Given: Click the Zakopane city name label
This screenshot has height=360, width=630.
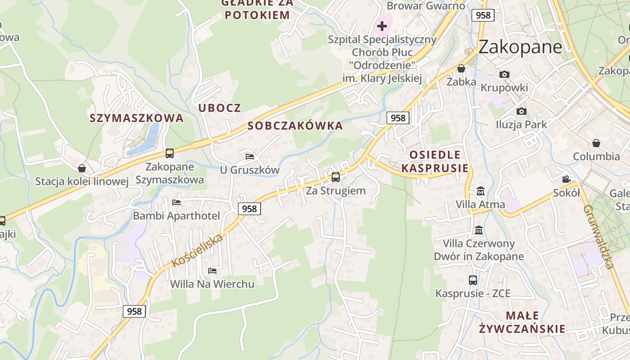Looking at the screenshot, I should pyautogui.click(x=520, y=47).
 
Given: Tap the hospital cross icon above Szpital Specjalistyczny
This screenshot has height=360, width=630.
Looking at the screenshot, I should pyautogui.click(x=382, y=26).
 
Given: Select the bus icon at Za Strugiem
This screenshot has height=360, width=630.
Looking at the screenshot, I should pyautogui.click(x=336, y=177).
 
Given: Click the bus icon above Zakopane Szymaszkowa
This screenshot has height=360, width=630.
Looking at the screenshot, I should pyautogui.click(x=170, y=153).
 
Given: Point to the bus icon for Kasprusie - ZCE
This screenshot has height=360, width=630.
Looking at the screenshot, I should pyautogui.click(x=473, y=280).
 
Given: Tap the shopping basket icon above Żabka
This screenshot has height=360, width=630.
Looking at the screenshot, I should pyautogui.click(x=461, y=69).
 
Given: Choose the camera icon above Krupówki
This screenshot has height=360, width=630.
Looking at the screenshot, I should pyautogui.click(x=504, y=74).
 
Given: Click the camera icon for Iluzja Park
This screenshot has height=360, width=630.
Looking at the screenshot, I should pyautogui.click(x=522, y=111).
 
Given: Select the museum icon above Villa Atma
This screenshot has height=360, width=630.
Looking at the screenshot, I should pyautogui.click(x=480, y=191).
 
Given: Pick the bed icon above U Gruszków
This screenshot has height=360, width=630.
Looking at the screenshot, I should pyautogui.click(x=250, y=157).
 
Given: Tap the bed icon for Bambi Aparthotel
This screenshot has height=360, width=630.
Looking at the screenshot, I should pyautogui.click(x=176, y=202).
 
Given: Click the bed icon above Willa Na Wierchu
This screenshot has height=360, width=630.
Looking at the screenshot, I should pyautogui.click(x=212, y=270).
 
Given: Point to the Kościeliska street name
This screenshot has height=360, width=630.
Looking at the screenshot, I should pyautogui.click(x=198, y=250).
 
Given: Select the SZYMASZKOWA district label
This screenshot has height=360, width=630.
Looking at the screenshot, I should pyautogui.click(x=136, y=118).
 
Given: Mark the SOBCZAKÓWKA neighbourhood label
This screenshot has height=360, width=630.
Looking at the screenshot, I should pyautogui.click(x=295, y=126).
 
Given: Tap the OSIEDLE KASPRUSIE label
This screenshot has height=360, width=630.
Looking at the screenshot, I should pyautogui.click(x=435, y=162).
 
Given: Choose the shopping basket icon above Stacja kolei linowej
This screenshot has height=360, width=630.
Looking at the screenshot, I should pyautogui.click(x=82, y=168).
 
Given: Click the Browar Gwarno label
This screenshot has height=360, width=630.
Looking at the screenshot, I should pyautogui.click(x=426, y=6).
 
